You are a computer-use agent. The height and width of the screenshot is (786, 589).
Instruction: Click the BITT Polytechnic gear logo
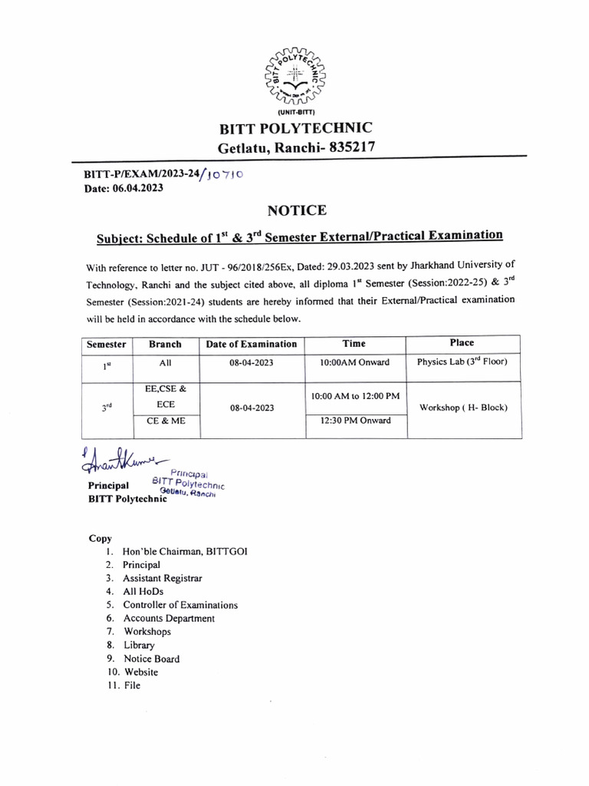[x=295, y=74]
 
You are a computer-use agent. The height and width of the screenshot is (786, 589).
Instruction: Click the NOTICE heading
[x=297, y=210]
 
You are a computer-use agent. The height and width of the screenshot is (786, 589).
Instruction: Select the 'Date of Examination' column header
[x=251, y=344]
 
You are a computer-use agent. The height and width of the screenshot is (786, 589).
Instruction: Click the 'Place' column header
[x=462, y=343]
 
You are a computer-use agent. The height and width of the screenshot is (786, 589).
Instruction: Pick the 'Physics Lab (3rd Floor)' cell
[x=462, y=362]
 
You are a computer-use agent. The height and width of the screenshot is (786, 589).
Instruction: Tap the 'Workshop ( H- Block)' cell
[x=463, y=408]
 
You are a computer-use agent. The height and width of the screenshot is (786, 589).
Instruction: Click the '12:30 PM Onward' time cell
[x=354, y=421]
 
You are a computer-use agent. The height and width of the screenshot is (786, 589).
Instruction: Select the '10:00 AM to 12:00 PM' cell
[x=354, y=395]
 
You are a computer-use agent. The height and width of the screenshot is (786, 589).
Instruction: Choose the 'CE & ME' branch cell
[x=165, y=421]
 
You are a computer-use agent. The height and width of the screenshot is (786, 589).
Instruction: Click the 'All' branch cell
[x=165, y=363]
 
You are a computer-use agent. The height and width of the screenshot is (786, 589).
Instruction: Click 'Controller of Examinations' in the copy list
[x=180, y=605]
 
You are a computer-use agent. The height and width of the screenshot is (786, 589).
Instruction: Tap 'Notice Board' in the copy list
[x=152, y=659]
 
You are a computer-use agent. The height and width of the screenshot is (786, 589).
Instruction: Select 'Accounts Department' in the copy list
[x=169, y=618]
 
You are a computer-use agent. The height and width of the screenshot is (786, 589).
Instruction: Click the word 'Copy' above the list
[x=100, y=538]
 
